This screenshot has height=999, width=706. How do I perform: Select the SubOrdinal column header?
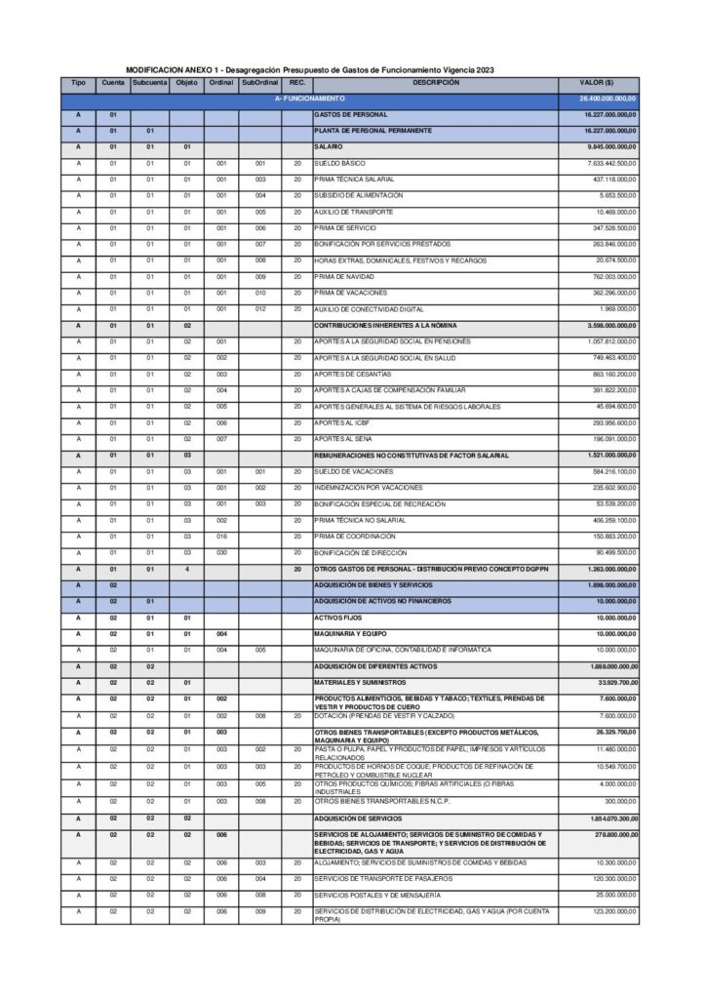click(x=259, y=83)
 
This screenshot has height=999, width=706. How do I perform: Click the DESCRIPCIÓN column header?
click(x=436, y=83)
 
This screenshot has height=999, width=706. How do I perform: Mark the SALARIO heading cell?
click(x=328, y=146)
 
